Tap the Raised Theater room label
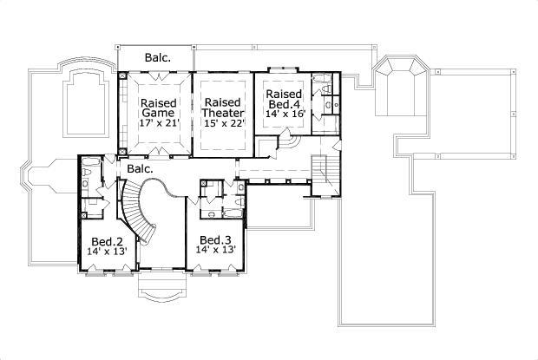coord(222,107)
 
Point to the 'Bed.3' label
coord(216,240)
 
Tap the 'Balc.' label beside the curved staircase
coord(140,168)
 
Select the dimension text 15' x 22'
coord(222,123)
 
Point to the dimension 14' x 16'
coord(284,114)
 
